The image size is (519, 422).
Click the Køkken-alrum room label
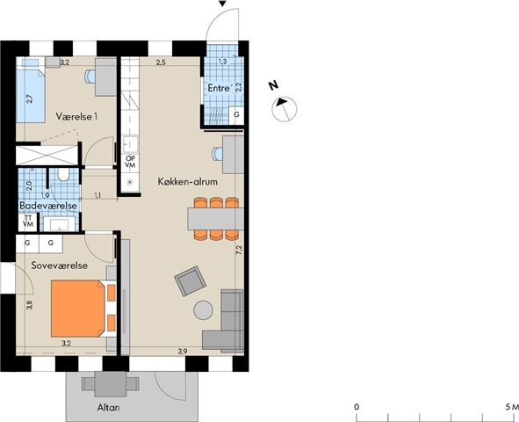(x=187, y=181)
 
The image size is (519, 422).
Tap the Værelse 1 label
(x=76, y=117)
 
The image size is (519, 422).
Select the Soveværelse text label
(x=60, y=266)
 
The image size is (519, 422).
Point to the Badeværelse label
(x=48, y=206)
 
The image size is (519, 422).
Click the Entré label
(x=219, y=88)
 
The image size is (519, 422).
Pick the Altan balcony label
(x=109, y=407)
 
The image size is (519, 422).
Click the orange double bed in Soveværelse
(x=77, y=309)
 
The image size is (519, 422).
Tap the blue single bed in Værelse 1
(x=31, y=91)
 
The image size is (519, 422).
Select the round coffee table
(x=203, y=310)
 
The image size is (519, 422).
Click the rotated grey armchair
(x=190, y=281)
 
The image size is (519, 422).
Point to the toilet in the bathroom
(x=63, y=174)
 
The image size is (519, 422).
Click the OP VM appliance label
(x=131, y=162)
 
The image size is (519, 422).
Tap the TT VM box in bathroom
(x=28, y=221)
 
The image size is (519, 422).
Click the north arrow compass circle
(x=285, y=109)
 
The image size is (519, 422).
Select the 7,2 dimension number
(x=239, y=250)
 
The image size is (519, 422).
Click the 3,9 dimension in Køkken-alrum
(x=183, y=352)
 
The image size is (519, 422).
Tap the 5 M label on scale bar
(x=512, y=407)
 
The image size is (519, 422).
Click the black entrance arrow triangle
(x=222, y=4)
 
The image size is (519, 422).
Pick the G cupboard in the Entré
(x=236, y=115)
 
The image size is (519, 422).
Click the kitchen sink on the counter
(x=131, y=144)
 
